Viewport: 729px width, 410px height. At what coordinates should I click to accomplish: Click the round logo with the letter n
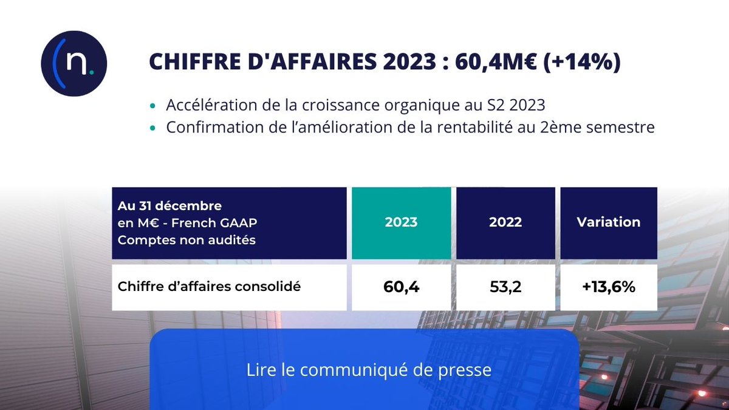74,64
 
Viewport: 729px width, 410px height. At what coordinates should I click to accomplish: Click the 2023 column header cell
401,222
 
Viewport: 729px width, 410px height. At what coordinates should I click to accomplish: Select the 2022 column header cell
505,222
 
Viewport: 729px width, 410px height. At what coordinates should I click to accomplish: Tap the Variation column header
608,222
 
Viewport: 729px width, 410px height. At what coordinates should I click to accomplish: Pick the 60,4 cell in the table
401,287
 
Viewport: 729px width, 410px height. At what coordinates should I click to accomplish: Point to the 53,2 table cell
505,287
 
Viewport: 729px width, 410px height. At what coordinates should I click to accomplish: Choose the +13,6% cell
608,287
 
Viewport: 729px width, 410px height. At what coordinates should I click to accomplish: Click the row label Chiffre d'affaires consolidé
209,287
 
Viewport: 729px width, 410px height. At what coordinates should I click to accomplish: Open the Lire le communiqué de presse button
369,370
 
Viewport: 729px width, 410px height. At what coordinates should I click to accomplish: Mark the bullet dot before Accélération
153,106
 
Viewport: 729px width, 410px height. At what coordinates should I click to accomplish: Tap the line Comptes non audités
187,240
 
